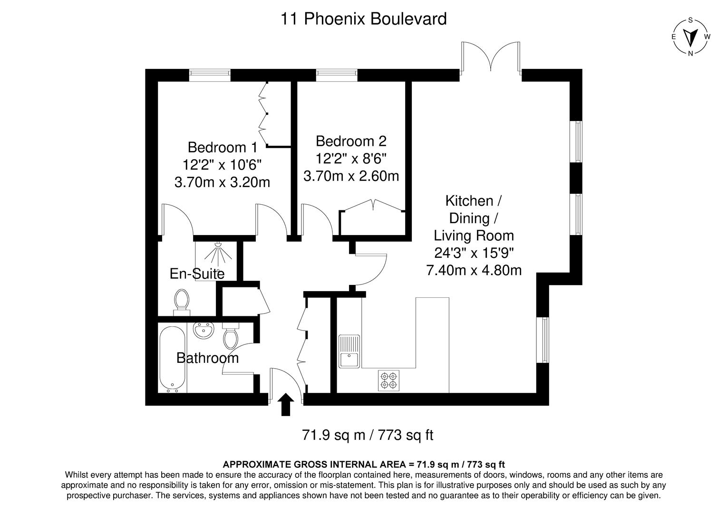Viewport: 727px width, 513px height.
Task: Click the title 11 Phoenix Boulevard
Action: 363,19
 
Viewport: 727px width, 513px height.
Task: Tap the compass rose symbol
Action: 690,37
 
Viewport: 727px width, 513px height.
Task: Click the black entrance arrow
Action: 285,405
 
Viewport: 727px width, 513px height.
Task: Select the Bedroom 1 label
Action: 223,147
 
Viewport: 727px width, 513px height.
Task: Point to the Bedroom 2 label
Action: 351,141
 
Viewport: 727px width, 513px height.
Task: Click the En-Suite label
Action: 197,274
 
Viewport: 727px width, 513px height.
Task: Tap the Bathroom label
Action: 207,358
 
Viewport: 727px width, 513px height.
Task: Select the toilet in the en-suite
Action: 181,302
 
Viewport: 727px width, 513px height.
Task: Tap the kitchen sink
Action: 349,352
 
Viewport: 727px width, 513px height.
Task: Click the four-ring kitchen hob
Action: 388,380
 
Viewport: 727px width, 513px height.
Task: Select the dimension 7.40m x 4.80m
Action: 474,270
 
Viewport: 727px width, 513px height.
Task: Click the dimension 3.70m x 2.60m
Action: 351,176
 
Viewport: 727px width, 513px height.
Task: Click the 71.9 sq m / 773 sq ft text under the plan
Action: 368,435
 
